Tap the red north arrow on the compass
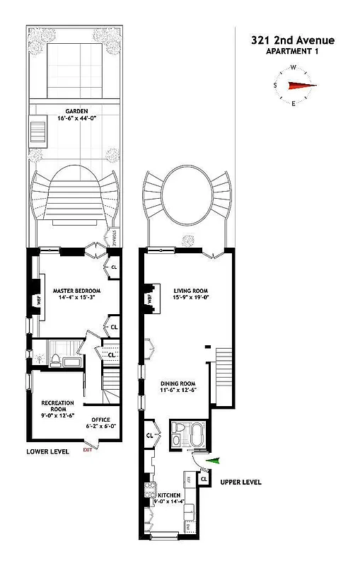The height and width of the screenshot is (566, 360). (x=302, y=86)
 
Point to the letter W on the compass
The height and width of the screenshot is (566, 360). (x=294, y=68)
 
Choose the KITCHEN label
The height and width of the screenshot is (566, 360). (x=168, y=495)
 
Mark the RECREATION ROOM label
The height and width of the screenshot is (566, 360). (x=53, y=405)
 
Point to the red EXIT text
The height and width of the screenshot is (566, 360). (x=88, y=450)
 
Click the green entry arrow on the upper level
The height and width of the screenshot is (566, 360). (x=213, y=461)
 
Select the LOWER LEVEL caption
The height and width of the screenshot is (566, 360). (x=48, y=451)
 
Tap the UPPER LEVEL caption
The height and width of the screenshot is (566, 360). (x=240, y=482)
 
